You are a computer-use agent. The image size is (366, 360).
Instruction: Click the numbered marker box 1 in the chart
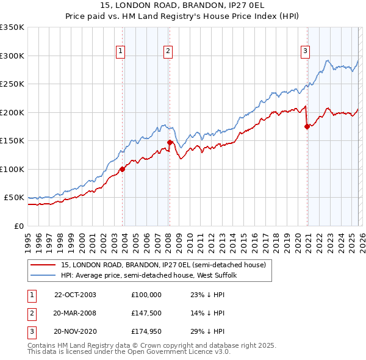click(x=121, y=52)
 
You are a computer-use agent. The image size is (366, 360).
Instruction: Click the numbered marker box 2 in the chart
click(x=168, y=52)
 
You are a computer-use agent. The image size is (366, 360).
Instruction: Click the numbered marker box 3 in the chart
click(x=305, y=52)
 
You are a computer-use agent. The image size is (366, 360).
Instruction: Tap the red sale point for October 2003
click(x=123, y=169)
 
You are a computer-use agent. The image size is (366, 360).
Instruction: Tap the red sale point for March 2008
click(x=170, y=142)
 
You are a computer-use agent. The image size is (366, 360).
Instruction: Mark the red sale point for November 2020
click(x=307, y=127)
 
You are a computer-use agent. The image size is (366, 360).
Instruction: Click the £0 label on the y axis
click(x=19, y=226)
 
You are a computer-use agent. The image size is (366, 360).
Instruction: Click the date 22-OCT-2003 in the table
click(x=75, y=295)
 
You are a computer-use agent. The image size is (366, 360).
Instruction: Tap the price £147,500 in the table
click(x=146, y=313)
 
